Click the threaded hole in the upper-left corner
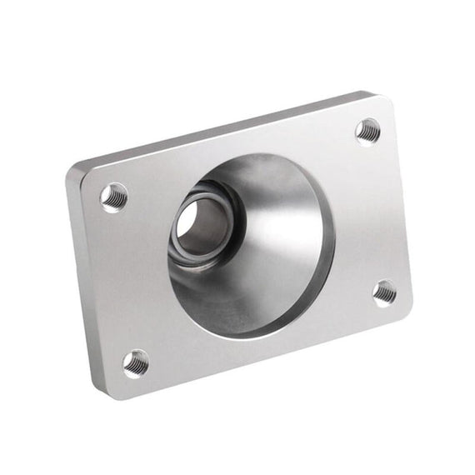tap(114, 197)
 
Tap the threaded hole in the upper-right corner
tap(367, 131)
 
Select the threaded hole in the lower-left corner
tap(136, 363)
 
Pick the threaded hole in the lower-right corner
tap(384, 292)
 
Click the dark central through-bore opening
tap(199, 225)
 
